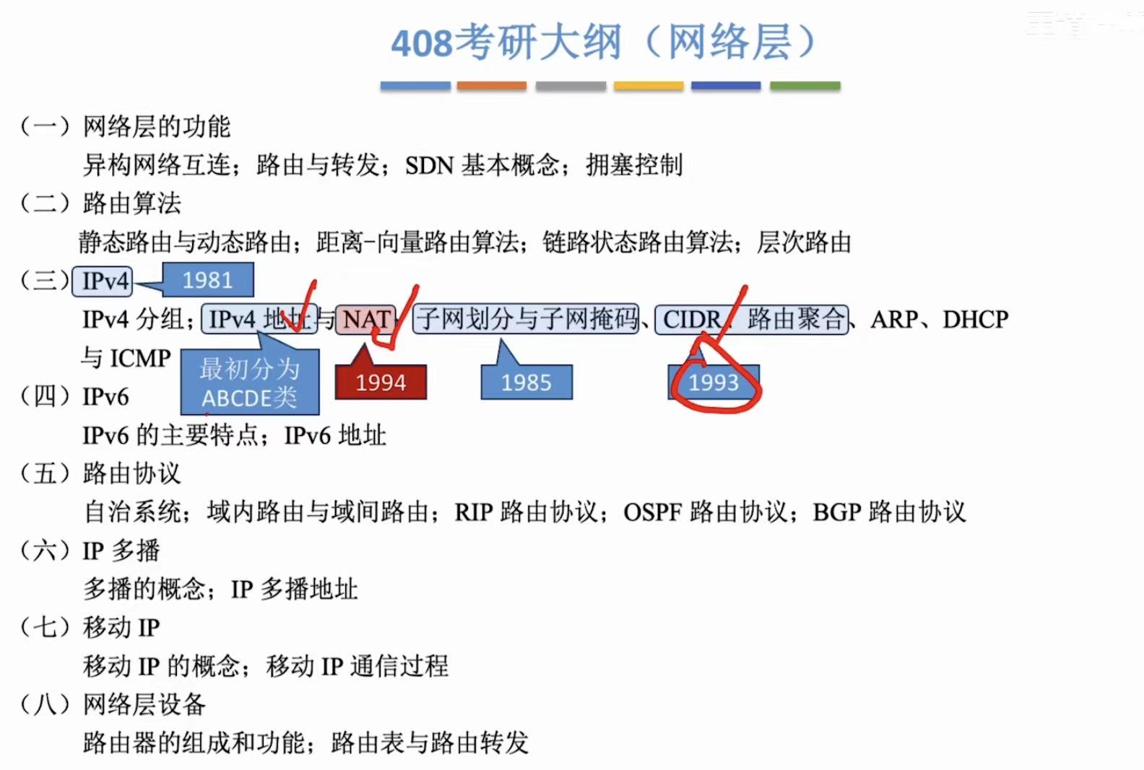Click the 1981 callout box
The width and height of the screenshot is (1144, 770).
click(x=208, y=280)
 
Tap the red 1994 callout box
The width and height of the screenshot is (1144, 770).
click(x=381, y=382)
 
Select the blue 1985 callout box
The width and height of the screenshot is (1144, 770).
click(x=526, y=382)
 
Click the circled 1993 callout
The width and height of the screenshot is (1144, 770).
click(x=714, y=382)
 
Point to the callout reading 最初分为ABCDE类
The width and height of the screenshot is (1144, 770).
click(x=249, y=383)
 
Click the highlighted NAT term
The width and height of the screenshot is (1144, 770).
click(x=366, y=319)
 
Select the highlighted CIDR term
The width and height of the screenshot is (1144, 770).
click(x=691, y=319)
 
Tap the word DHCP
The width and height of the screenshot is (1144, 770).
click(x=975, y=319)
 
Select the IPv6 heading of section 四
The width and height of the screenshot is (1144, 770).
click(x=105, y=397)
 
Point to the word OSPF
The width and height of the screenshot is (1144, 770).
click(x=652, y=512)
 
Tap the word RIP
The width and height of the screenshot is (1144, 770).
click(x=473, y=512)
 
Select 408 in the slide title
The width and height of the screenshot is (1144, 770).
click(x=422, y=43)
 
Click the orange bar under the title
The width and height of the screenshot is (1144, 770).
click(x=492, y=86)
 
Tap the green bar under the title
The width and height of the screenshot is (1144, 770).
click(x=805, y=86)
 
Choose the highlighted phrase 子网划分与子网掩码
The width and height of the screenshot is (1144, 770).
click(x=526, y=319)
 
